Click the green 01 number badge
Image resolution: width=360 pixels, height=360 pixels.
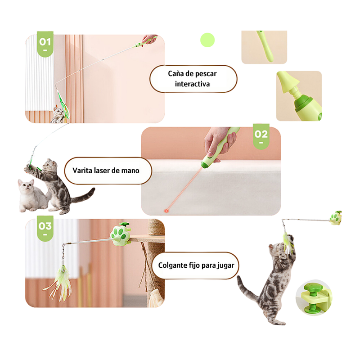(x=45, y=44)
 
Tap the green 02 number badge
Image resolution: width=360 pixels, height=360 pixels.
(x=261, y=136)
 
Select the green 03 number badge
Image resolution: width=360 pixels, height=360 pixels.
(x=45, y=228)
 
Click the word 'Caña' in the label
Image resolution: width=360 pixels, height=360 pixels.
(x=176, y=74)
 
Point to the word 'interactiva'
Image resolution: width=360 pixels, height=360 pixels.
(x=193, y=84)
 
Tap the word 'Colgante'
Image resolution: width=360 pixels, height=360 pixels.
(x=173, y=265)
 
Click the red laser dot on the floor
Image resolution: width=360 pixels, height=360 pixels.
(x=166, y=211)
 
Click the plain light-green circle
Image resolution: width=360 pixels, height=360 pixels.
(x=207, y=40)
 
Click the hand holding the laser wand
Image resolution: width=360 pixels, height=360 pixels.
(x=220, y=142)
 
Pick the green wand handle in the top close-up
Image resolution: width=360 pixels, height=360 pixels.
(x=265, y=46)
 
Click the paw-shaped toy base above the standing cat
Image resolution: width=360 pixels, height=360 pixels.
(x=336, y=218)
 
